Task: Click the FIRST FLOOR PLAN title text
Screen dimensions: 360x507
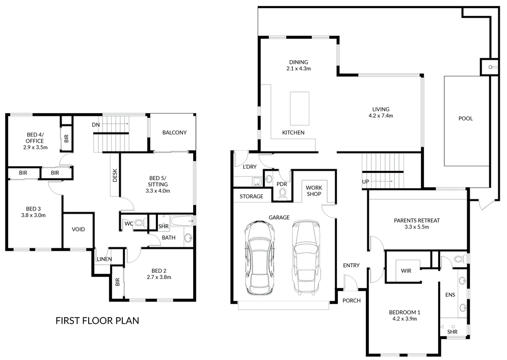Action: point(97,321)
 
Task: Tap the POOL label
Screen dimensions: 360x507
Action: point(465,119)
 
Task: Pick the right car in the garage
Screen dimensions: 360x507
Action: point(307,258)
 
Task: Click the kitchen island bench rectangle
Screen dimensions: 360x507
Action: point(300,108)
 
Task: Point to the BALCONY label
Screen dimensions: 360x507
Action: point(174,133)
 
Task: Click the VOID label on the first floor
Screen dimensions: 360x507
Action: point(78,229)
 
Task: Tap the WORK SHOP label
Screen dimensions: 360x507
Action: point(314,191)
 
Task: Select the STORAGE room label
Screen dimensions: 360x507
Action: point(251,196)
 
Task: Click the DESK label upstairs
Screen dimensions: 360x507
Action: point(115,175)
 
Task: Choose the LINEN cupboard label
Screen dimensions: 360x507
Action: point(104,260)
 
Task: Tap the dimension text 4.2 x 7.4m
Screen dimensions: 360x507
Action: point(381,116)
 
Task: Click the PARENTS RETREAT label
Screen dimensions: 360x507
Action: point(417,221)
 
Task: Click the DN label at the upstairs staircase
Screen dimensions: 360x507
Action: point(96,125)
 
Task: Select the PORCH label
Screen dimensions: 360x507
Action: point(351,300)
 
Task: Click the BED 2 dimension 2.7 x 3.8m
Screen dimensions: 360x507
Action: point(158,277)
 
